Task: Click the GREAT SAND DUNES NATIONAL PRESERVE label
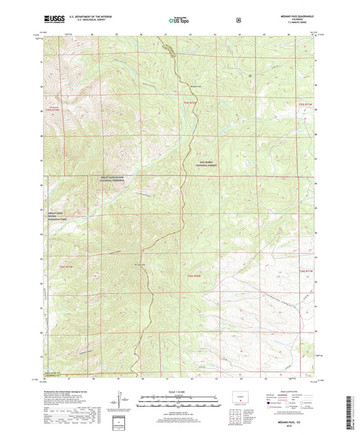111,179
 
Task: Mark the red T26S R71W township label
306,270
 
